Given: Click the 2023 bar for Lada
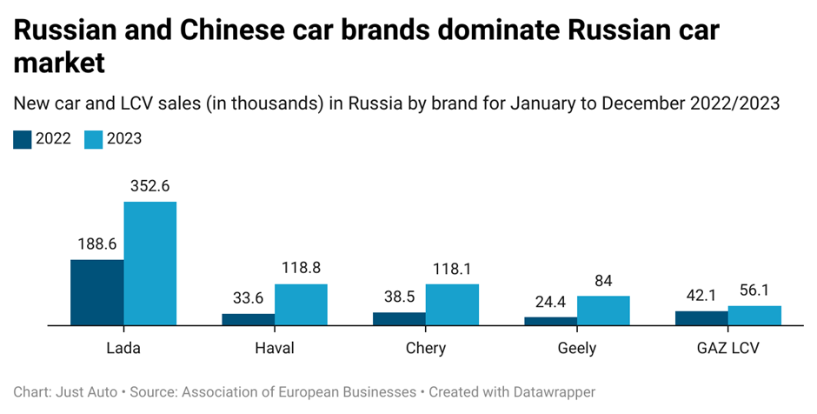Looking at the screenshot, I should pos(149,264).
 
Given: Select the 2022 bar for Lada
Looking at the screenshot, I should pos(96,292).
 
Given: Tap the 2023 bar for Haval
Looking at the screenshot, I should pos(301,304).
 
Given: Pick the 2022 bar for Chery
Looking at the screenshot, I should pos(399,319).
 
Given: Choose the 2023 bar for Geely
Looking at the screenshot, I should pos(603,310).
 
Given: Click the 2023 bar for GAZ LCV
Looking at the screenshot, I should pos(754,316).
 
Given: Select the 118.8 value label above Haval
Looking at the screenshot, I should pos(300,268).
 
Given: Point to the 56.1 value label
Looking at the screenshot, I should pos(754,290).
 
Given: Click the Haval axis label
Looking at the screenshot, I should pos(275,348).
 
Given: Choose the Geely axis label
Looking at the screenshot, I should pos(577,348).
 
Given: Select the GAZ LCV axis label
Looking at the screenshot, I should pos(728,348).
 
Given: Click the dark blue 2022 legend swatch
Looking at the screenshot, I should pos(23,139).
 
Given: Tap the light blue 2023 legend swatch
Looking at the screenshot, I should pos(93,139).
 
